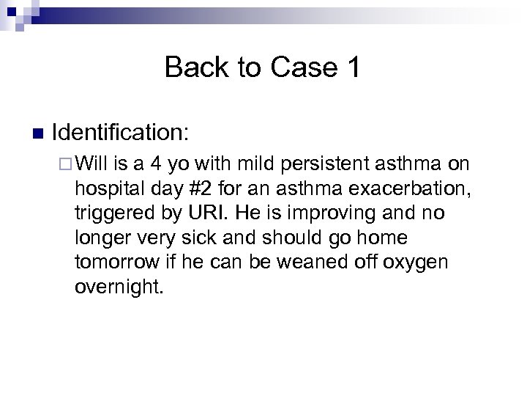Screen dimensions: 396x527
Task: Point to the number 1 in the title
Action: pyautogui.click(x=352, y=68)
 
